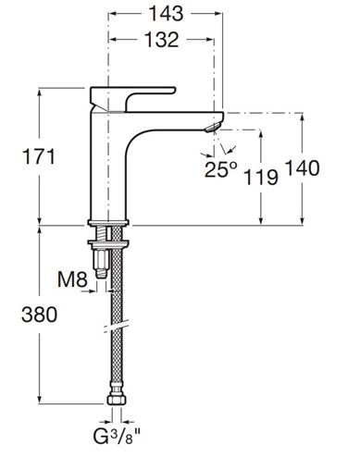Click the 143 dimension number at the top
(x=166, y=14)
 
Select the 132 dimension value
(x=162, y=40)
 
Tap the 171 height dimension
(x=39, y=156)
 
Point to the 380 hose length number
(x=39, y=315)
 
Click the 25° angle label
(x=221, y=169)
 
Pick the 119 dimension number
(x=261, y=178)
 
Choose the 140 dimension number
(x=302, y=168)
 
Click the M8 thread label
(x=73, y=279)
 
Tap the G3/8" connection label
(x=117, y=436)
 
